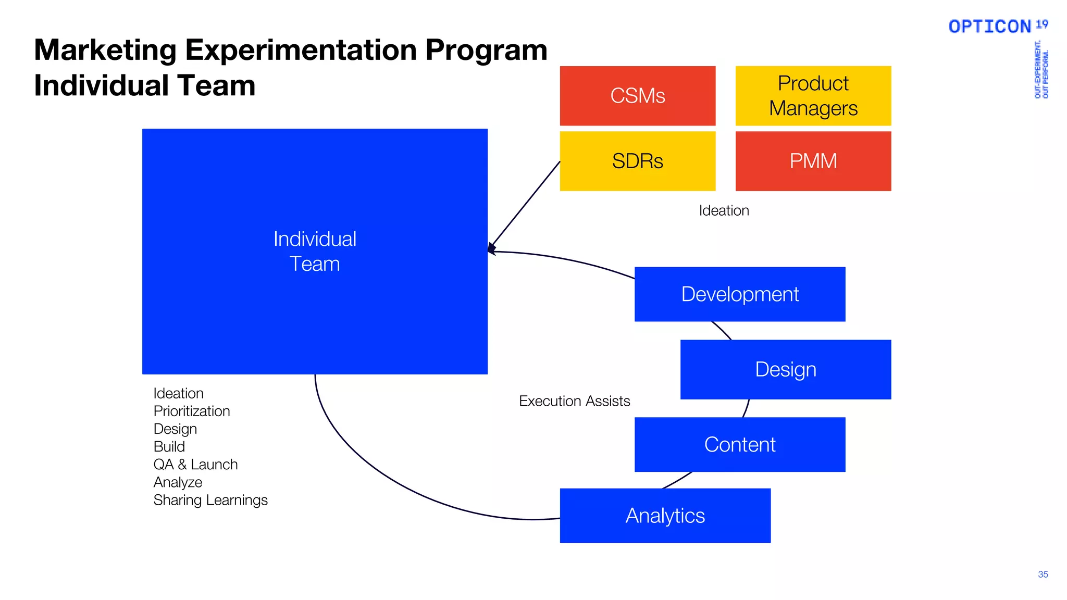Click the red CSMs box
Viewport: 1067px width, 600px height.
click(637, 96)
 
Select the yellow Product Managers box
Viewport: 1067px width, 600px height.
click(813, 96)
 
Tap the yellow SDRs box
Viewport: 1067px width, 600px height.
click(637, 161)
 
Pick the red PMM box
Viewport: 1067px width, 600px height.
click(813, 161)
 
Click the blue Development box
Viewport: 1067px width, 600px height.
click(739, 294)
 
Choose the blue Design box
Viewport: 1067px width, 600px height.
click(785, 370)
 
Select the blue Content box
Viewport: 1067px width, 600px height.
click(739, 445)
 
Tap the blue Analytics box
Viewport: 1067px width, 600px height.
click(665, 516)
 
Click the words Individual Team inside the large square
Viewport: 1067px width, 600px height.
click(315, 252)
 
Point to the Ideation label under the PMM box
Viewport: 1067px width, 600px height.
click(724, 210)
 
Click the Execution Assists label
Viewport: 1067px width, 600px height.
click(574, 401)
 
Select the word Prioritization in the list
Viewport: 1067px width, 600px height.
click(192, 411)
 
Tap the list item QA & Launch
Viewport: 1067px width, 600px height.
click(195, 464)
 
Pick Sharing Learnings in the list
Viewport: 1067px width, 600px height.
click(210, 500)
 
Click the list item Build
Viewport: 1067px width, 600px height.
click(169, 446)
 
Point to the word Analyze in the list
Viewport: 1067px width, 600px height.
click(178, 482)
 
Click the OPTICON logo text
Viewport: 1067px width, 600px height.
click(990, 27)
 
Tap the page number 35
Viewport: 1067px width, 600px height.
click(1043, 574)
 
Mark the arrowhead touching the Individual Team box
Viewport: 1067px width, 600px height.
click(491, 249)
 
